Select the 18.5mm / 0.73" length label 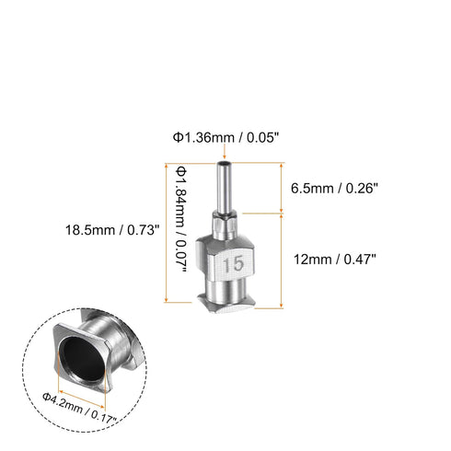click(120, 229)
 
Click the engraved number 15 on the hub click(232, 265)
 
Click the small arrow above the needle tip click(224, 154)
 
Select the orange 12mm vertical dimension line click(281, 259)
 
